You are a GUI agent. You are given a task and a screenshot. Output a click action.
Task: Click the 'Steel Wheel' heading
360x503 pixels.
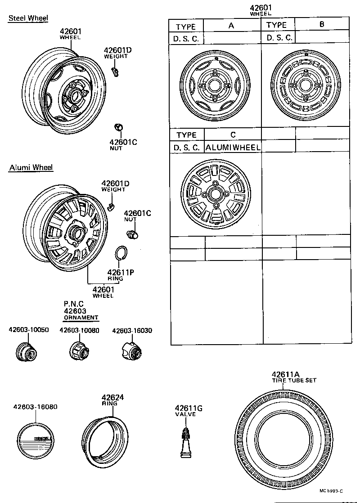tap(28, 18)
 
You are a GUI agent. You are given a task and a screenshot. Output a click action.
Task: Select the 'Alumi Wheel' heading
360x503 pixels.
tap(31, 168)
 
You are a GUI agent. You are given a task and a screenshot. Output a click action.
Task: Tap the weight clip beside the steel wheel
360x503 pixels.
tap(115, 70)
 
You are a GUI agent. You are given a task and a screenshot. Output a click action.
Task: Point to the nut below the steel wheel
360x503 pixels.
tap(119, 127)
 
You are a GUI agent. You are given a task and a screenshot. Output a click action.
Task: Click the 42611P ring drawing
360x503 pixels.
tap(121, 253)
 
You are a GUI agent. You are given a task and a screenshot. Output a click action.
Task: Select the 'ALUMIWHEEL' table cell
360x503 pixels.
tap(233, 147)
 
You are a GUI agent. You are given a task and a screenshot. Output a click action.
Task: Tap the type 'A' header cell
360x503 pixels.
tap(232, 26)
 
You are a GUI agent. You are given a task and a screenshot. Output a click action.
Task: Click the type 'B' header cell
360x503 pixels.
tap(322, 25)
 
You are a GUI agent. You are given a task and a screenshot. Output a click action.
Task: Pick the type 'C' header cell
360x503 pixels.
tap(233, 135)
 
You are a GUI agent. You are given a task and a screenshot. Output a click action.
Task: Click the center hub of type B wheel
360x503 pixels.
tap(306, 85)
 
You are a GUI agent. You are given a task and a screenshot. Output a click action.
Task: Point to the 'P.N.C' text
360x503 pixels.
tap(74, 304)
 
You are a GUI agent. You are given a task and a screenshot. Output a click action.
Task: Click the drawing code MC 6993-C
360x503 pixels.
tap(332, 491)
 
